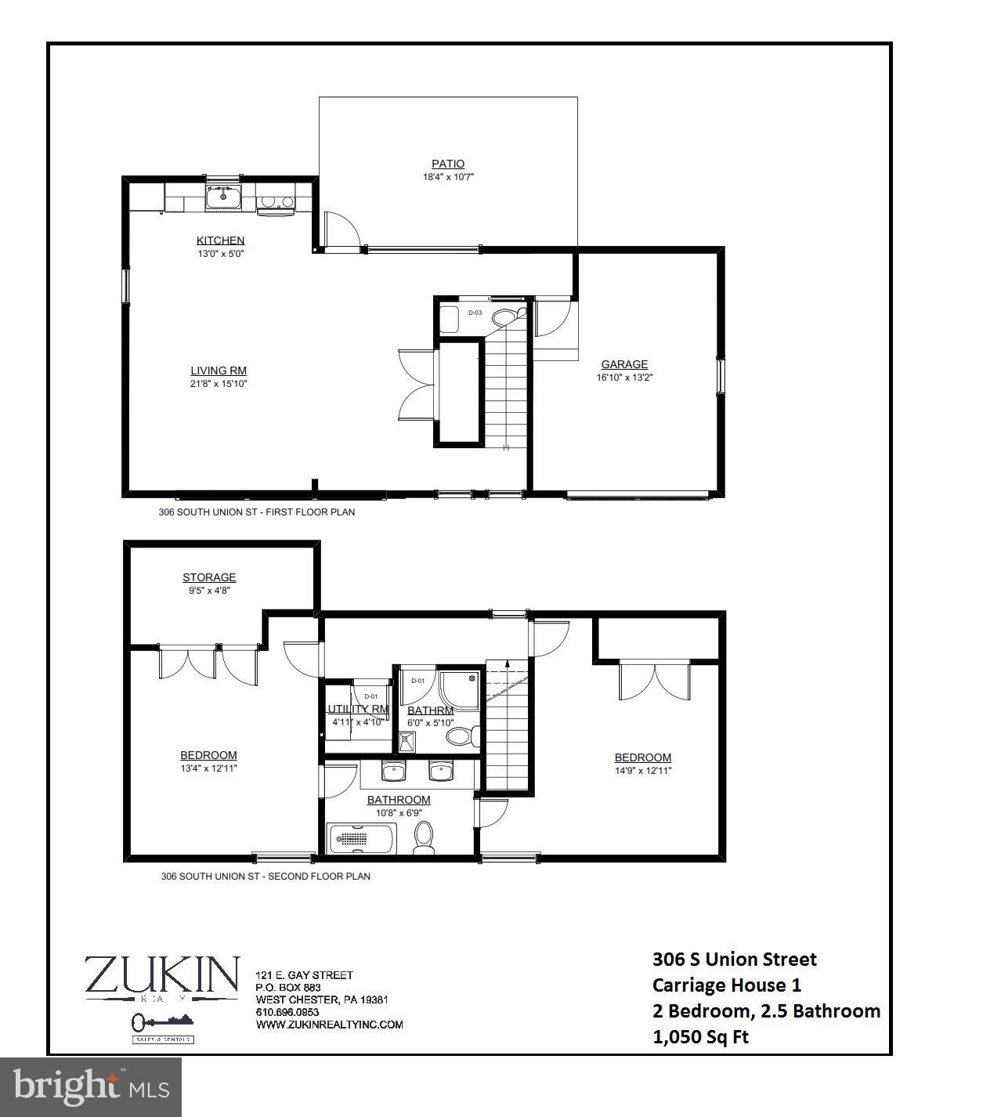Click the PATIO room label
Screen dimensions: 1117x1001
coord(447,164)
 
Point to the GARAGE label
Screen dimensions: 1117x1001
coord(624,364)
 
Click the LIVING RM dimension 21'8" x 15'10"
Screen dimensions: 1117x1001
coord(219,384)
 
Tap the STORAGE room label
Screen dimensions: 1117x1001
coord(209,577)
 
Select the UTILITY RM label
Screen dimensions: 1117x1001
coord(358,709)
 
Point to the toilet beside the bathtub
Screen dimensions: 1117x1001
coord(424,838)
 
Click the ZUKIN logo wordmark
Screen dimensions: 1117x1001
coord(161,974)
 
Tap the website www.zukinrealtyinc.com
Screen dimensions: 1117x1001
coord(329,1025)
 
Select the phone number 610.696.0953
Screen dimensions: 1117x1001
coord(287,1012)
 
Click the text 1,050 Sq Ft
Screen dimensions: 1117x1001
coord(700,1037)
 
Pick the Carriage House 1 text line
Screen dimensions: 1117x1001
coord(726,985)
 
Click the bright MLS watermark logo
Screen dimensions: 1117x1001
coord(91,1087)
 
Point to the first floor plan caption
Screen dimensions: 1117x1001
coord(257,512)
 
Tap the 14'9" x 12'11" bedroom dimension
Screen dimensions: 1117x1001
coord(642,771)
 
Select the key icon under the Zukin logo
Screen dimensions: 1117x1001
coord(145,1021)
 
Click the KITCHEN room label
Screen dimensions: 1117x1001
coord(220,240)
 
